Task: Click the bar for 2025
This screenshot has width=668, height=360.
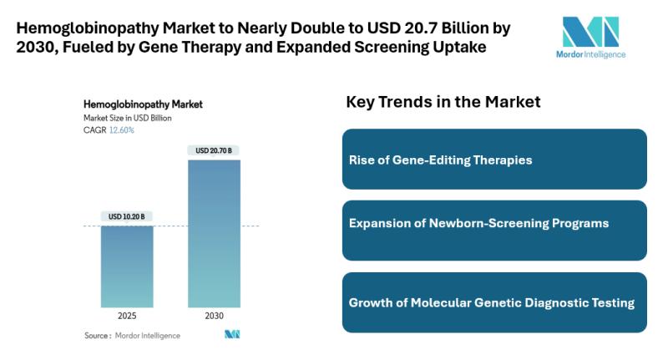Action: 127,266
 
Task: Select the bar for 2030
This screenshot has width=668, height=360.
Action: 214,233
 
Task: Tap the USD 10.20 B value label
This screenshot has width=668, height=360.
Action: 127,216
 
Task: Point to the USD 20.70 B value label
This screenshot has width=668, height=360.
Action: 214,150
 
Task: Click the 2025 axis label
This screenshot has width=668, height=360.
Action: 127,317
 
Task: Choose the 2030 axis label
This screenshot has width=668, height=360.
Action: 214,317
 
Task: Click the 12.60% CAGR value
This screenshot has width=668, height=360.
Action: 121,130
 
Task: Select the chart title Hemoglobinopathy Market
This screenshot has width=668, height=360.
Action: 143,105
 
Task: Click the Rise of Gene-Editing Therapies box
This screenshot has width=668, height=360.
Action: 494,159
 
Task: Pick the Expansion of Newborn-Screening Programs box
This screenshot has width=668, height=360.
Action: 494,224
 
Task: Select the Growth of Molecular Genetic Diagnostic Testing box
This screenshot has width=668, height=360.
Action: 494,302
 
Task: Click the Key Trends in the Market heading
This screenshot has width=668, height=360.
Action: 443,102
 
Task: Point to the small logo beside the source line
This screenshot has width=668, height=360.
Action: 232,335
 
